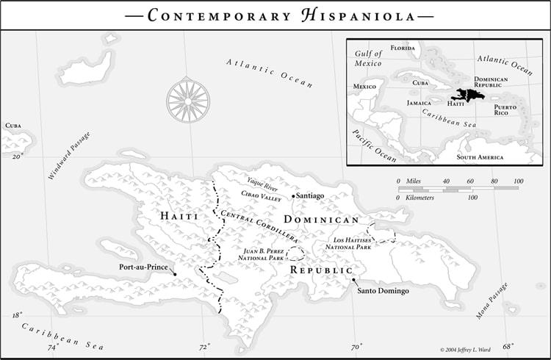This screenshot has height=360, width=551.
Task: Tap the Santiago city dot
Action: point(293,196)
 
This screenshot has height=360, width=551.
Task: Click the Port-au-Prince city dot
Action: point(175,274)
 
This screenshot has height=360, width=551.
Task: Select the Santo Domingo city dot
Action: point(353,280)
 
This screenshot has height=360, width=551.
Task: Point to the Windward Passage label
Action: point(70,156)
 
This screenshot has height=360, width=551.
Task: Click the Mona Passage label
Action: point(491,301)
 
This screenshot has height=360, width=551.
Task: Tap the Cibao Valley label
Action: point(262,196)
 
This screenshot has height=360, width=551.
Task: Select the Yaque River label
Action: point(263,181)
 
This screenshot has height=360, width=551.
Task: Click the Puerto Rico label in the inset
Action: point(505,110)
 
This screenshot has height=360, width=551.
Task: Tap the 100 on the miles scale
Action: point(519,181)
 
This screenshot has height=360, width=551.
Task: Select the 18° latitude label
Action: point(16,315)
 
